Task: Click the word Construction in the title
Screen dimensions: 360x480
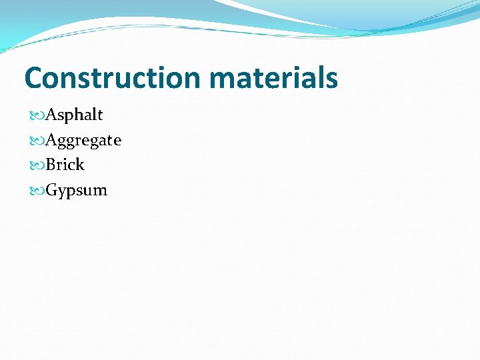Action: (x=113, y=78)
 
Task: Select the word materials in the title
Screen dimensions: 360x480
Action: (x=273, y=78)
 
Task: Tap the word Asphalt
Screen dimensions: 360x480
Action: (x=74, y=115)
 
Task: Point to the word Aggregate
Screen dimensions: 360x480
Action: (x=83, y=140)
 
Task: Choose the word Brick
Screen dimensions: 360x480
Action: (x=65, y=165)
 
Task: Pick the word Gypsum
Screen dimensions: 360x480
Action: (x=76, y=190)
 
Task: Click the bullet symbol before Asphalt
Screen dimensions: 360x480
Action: (x=38, y=115)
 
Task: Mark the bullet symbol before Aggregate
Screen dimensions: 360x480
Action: (x=38, y=141)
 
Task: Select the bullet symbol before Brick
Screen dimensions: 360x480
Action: (x=38, y=165)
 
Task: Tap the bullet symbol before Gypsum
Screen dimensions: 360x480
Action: (x=38, y=191)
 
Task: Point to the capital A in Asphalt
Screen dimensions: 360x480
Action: (x=51, y=115)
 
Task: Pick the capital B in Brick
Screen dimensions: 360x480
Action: (x=51, y=165)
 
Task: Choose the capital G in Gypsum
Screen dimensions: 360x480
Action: (x=52, y=190)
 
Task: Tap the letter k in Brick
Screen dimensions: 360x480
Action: (x=80, y=165)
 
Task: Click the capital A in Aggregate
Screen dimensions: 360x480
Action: (x=51, y=140)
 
